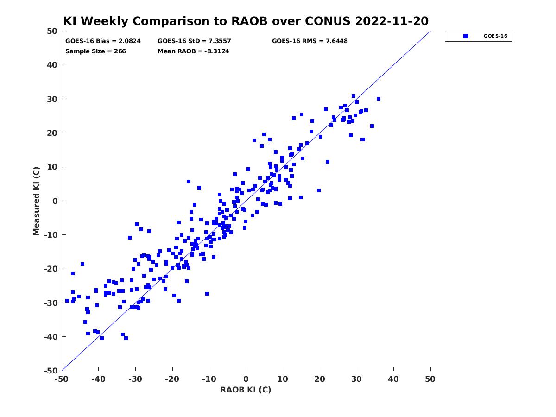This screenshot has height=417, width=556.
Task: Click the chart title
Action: (246, 21)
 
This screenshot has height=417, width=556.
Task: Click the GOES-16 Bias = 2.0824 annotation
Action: (103, 41)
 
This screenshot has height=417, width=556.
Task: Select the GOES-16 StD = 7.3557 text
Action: (194, 41)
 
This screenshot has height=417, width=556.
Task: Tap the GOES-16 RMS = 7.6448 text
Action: (310, 41)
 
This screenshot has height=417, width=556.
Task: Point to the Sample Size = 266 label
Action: (95, 51)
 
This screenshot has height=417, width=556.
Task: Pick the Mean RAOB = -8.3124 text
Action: (193, 51)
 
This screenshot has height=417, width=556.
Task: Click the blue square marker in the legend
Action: (465, 36)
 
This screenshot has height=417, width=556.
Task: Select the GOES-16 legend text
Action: (495, 36)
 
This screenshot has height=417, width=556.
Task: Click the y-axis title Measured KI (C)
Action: (36, 201)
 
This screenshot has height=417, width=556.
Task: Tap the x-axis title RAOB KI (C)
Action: (246, 390)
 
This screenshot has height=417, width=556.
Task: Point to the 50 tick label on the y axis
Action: (52, 31)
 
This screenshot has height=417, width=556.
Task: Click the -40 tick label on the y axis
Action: (51, 337)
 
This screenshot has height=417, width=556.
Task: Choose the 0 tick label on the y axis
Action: (55, 201)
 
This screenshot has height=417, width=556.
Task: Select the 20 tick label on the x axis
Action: (320, 379)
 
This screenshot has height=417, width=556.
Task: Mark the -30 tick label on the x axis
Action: (135, 379)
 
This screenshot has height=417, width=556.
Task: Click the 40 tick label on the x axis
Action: (393, 379)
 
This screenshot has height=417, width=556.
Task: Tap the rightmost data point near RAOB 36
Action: (379, 99)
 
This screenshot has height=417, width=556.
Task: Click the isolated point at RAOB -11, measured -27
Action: (207, 294)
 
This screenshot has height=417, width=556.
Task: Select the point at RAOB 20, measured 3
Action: (319, 190)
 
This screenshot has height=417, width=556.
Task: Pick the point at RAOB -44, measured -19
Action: (82, 264)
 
